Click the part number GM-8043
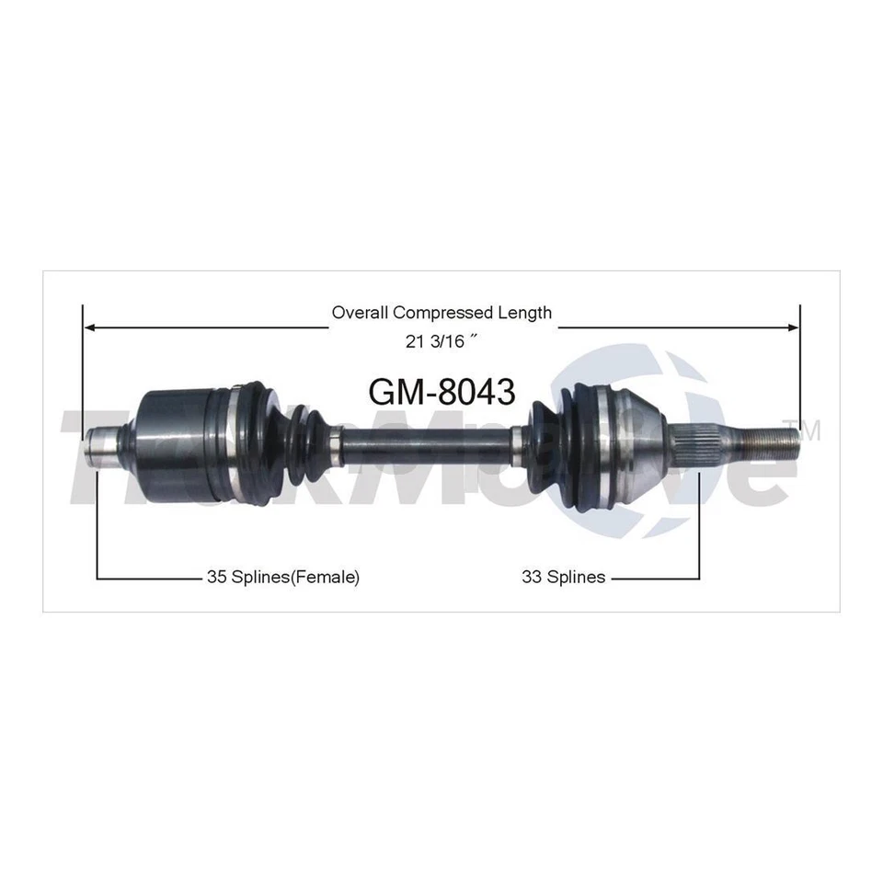tap(441, 392)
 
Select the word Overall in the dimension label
tap(358, 313)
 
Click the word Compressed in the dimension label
tap(443, 313)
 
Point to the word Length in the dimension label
tap(527, 313)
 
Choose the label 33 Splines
tap(563, 578)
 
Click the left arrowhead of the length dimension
tap(88, 326)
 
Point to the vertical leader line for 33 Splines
tap(699, 524)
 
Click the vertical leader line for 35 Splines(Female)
tap(97, 524)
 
